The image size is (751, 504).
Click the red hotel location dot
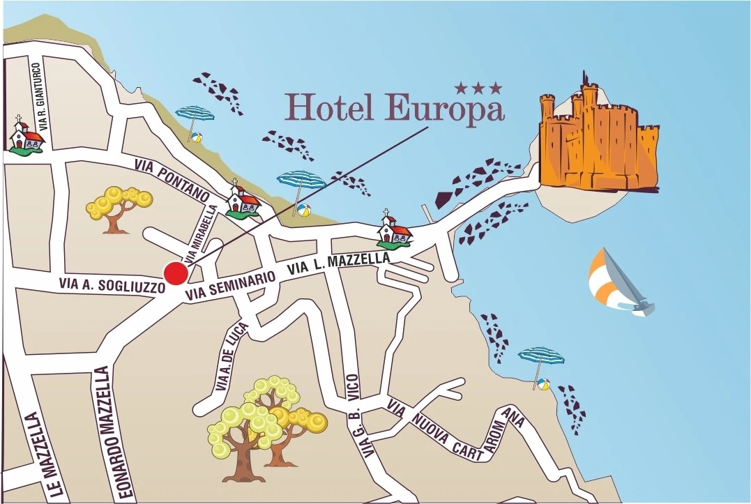coord(176,273)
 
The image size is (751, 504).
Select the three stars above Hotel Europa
coord(478,88)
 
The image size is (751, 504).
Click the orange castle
coord(598,139)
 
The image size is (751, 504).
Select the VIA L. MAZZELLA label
coord(339,263)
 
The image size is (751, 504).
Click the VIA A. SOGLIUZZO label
coord(112,284)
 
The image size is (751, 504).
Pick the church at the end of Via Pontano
coord(243,201)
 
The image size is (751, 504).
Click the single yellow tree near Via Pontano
coord(119,208)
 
